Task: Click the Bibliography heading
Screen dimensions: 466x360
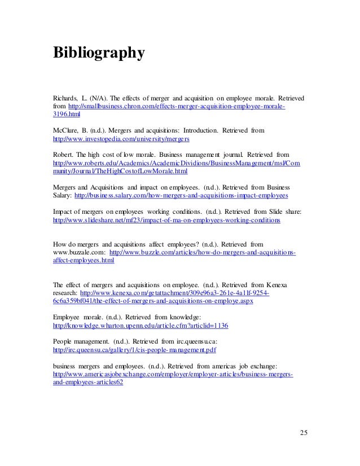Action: (x=99, y=53)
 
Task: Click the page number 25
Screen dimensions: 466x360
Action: (x=304, y=433)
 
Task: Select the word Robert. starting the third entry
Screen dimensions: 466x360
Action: (x=63, y=153)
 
